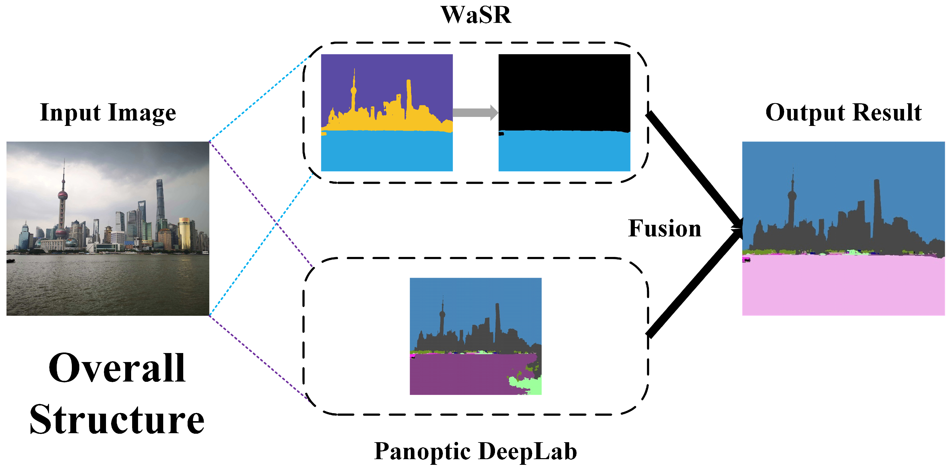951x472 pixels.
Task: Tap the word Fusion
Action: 665,228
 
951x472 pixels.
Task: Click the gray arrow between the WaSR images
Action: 475,112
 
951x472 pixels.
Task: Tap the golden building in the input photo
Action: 185,233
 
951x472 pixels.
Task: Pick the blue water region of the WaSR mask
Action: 564,152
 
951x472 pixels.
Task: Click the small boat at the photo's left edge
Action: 10,261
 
